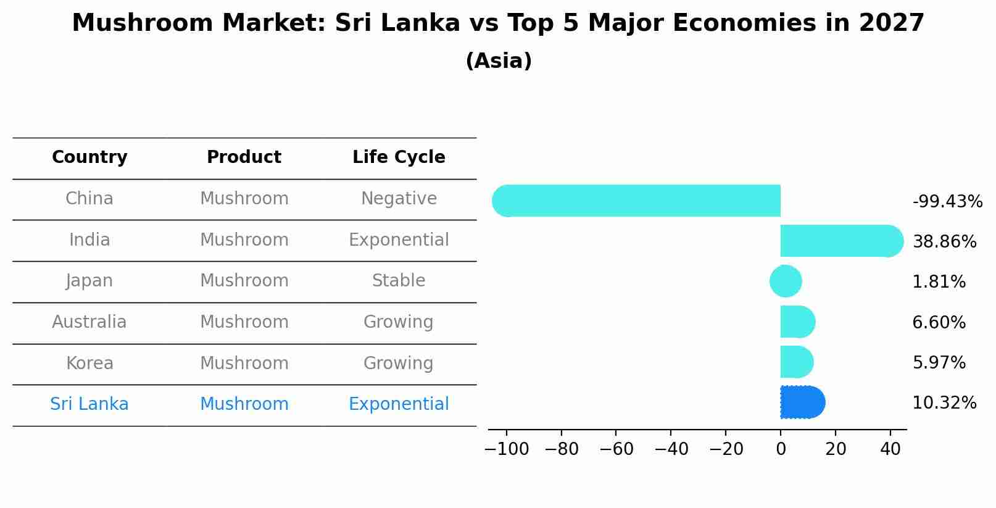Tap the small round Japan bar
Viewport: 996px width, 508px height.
pyautogui.click(x=786, y=281)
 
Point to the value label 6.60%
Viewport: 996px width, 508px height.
pyautogui.click(x=939, y=323)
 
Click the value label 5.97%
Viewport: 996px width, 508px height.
pyautogui.click(x=939, y=363)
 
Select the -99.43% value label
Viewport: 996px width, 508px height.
pyautogui.click(x=947, y=202)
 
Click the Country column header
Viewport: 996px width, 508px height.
pyautogui.click(x=89, y=157)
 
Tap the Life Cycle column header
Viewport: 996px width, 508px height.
pyautogui.click(x=399, y=157)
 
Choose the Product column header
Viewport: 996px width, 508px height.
pyautogui.click(x=244, y=157)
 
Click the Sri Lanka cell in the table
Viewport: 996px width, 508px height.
pyautogui.click(x=89, y=404)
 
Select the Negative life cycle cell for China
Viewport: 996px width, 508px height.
pyautogui.click(x=399, y=199)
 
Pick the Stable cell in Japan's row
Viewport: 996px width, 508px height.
pyautogui.click(x=399, y=281)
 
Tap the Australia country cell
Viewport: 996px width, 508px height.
pyautogui.click(x=89, y=322)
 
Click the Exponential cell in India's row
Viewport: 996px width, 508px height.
pyautogui.click(x=399, y=240)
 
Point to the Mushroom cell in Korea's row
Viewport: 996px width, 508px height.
pyautogui.click(x=244, y=363)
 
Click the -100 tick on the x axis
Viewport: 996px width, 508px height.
pyautogui.click(x=507, y=449)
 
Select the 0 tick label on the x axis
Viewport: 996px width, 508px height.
pyautogui.click(x=781, y=449)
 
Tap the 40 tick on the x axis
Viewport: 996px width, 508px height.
pyautogui.click(x=890, y=449)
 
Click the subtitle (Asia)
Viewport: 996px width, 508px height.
pyautogui.click(x=498, y=61)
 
